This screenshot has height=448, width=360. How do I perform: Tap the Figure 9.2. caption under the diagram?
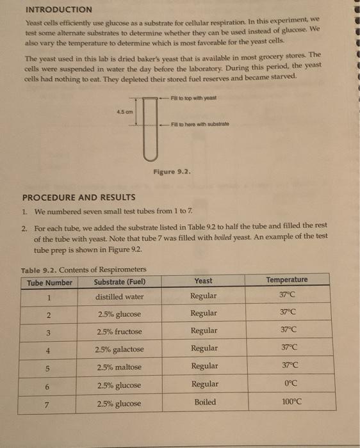click(171, 172)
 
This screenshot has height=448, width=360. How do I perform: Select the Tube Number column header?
click(49, 282)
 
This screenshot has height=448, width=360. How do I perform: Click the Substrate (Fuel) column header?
click(119, 282)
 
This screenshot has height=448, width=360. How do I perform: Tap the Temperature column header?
click(286, 280)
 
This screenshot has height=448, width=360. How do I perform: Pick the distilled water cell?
click(120, 297)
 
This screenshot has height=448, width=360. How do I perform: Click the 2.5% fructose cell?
click(120, 332)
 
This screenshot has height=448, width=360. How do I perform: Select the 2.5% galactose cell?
click(120, 349)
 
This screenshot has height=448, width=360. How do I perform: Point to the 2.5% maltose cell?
click(119, 367)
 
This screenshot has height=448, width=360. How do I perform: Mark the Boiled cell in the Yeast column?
click(204, 403)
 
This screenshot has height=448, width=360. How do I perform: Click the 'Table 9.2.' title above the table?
click(40, 269)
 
